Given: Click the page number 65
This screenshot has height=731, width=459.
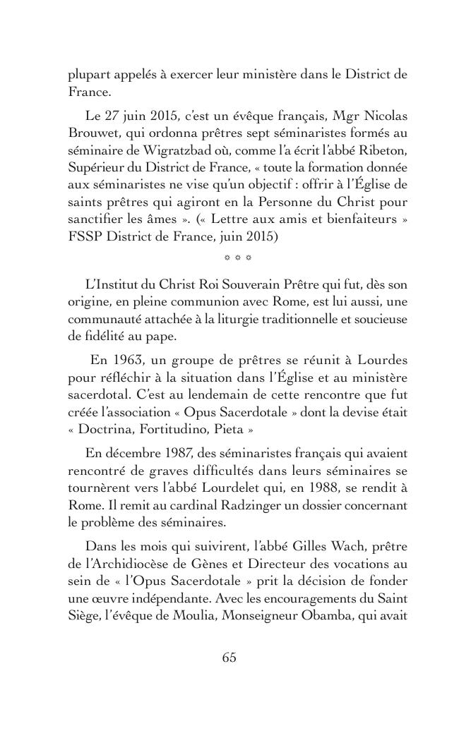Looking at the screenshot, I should click(229, 657).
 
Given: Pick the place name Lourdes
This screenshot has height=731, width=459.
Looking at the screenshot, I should click(383, 360).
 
